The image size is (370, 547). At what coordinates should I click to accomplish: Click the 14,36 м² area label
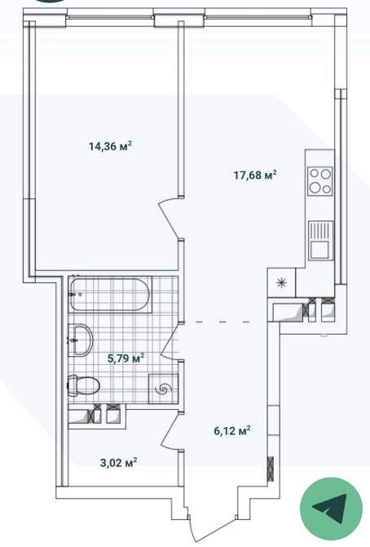[x=111, y=145]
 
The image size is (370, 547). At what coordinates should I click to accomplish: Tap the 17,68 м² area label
[x=255, y=174]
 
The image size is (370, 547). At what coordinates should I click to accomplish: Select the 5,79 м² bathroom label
[x=126, y=358]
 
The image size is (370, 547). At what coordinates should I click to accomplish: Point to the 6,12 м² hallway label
[x=232, y=431]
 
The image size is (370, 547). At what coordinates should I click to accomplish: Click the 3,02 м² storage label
[x=118, y=463]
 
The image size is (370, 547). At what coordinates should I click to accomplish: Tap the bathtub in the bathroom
[x=111, y=295]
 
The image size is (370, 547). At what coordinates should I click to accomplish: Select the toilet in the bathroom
[x=83, y=385]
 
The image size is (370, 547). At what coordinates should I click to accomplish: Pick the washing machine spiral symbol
[x=163, y=389]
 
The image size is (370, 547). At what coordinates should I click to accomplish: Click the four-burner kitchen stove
[x=320, y=180]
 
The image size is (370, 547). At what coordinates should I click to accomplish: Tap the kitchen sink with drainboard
[x=320, y=240]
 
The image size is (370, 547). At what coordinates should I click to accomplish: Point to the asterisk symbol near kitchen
[x=281, y=283]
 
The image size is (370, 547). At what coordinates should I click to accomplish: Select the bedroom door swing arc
[x=169, y=218]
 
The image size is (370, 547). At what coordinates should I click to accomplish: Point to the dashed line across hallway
[x=223, y=322]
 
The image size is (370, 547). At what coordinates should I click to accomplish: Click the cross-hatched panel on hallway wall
[x=271, y=469]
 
